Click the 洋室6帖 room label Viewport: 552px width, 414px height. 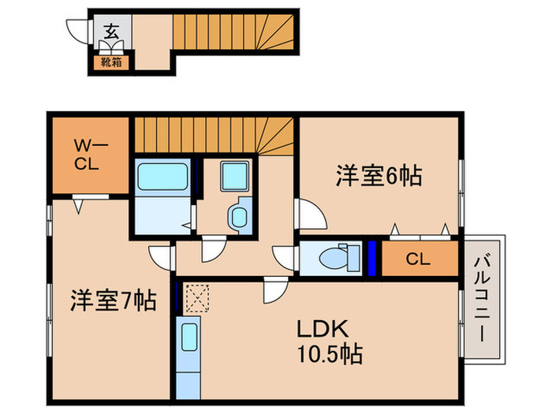point(379,175)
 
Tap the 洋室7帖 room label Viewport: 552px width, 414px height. point(113,300)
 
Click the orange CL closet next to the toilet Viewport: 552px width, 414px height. point(419,259)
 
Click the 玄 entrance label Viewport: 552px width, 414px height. point(111,32)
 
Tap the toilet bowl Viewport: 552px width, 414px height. point(340,257)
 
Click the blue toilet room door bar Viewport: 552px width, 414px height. point(371,259)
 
